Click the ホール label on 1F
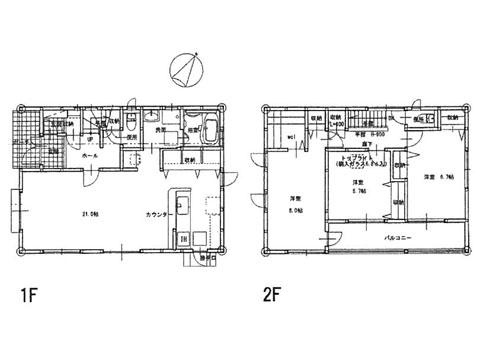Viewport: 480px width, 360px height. click(x=77, y=156)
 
